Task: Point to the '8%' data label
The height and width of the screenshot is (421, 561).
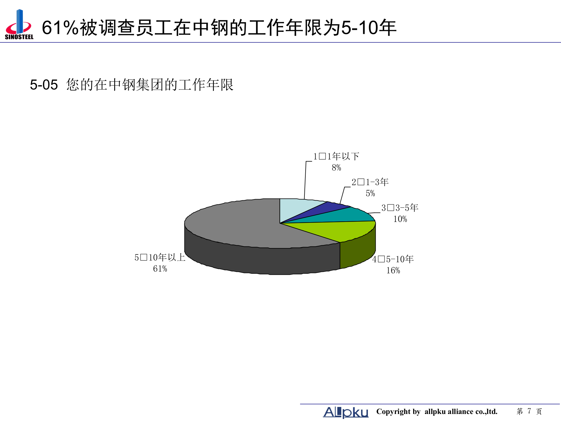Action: (x=336, y=168)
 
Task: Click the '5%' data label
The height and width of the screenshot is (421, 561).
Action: (x=370, y=194)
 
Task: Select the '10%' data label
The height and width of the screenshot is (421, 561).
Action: (x=400, y=219)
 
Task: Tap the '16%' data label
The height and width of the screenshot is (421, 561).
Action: (x=393, y=271)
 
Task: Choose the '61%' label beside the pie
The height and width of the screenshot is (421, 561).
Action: (x=160, y=269)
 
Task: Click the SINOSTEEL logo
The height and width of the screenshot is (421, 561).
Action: (x=19, y=25)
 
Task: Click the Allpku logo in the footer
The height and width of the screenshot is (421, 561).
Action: (x=346, y=412)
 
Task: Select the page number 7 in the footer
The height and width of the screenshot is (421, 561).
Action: (x=529, y=411)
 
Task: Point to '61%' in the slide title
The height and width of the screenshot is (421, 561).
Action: (x=60, y=28)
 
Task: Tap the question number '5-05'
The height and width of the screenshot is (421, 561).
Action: (x=44, y=85)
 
